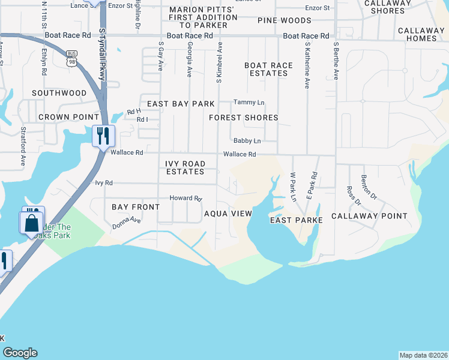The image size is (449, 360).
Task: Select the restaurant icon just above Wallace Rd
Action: click(x=103, y=135)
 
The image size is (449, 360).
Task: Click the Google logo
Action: click(x=20, y=353)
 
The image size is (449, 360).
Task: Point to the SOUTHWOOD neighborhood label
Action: click(x=59, y=93)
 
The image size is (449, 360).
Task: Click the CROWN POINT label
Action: click(x=68, y=116)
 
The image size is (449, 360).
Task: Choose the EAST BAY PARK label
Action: click(x=181, y=104)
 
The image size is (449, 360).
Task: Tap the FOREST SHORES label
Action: click(x=243, y=118)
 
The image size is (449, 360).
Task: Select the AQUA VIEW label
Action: click(x=228, y=214)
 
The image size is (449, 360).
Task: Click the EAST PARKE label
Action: click(x=297, y=220)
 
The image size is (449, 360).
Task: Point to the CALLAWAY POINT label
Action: click(x=369, y=216)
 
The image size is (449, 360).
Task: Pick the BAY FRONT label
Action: click(x=136, y=207)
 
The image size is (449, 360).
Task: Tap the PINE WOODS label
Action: click(x=285, y=20)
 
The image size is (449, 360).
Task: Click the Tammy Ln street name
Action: click(x=249, y=103)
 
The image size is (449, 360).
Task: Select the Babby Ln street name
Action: click(x=247, y=141)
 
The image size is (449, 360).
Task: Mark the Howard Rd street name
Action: click(x=184, y=198)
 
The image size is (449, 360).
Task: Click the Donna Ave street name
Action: click(x=126, y=223)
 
